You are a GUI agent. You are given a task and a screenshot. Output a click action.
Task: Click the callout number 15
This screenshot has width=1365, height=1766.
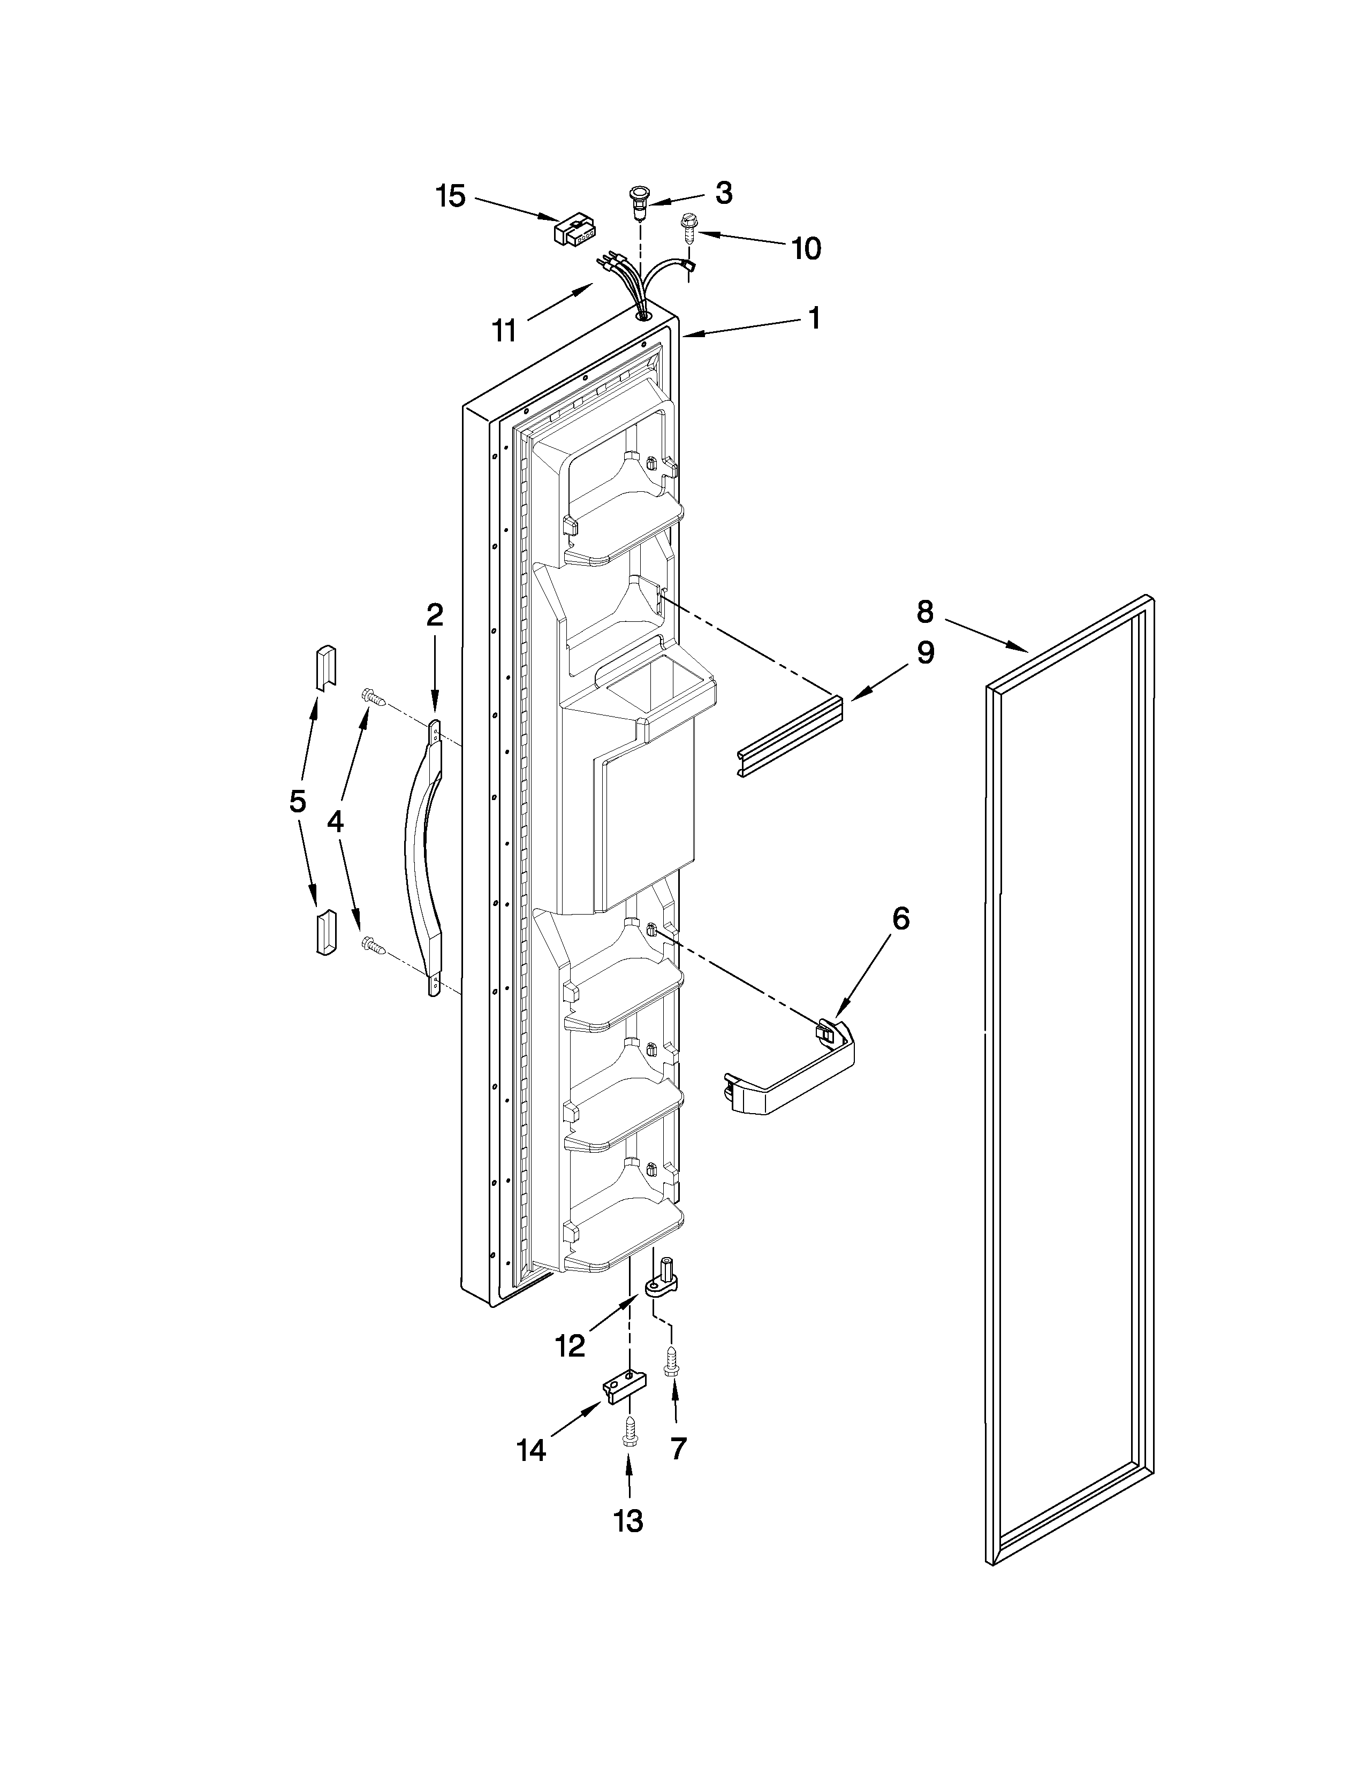point(451,196)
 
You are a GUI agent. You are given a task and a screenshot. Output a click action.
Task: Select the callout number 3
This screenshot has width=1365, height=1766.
point(724,193)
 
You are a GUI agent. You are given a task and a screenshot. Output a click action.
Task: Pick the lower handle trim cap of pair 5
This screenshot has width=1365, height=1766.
point(324,932)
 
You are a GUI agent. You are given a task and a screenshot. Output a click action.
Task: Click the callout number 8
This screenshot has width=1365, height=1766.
point(925,612)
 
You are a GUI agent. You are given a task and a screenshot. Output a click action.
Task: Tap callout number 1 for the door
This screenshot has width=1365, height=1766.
point(814,318)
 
